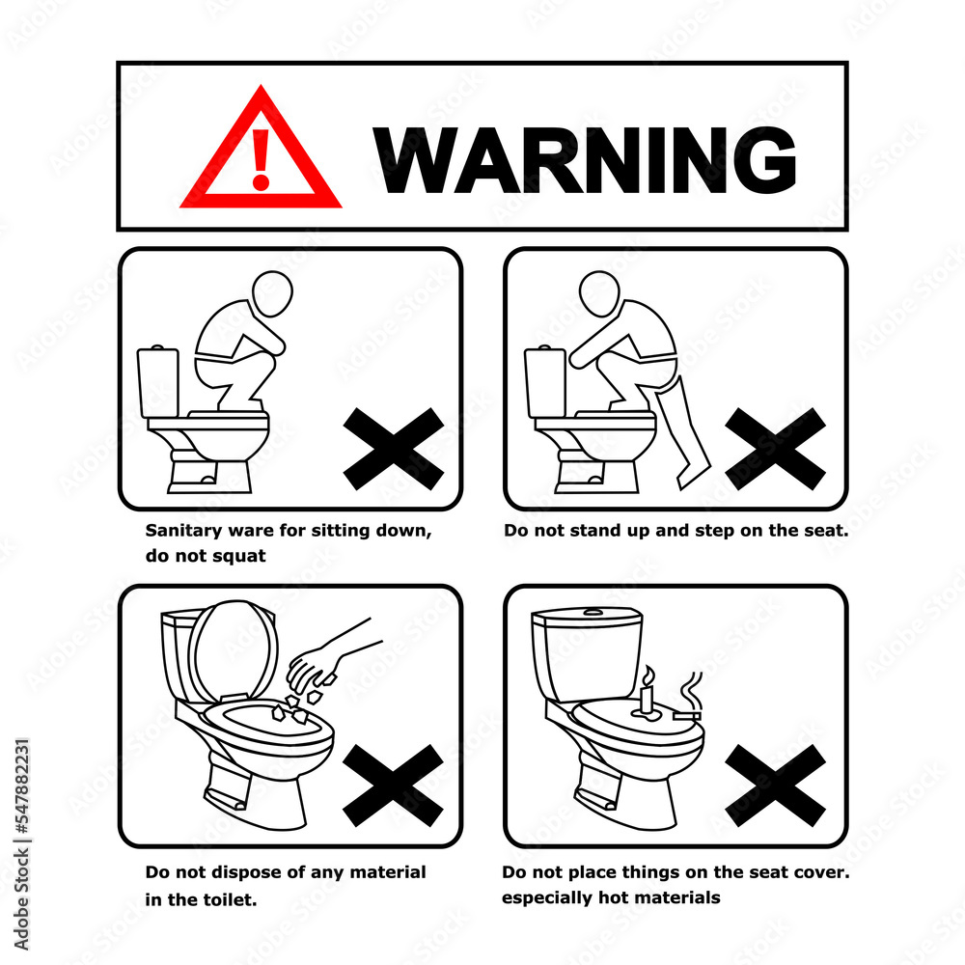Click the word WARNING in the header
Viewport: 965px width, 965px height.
[584, 159]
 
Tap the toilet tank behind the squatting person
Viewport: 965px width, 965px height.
[157, 381]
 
